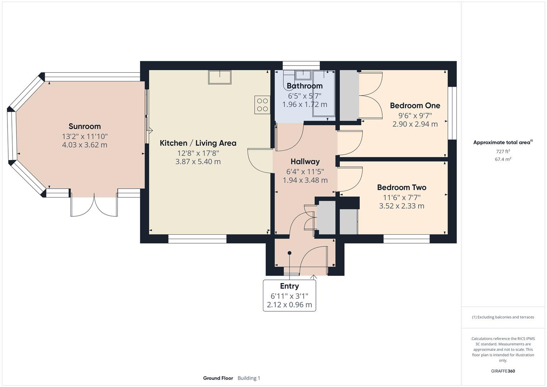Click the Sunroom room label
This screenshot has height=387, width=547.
pyautogui.click(x=85, y=126)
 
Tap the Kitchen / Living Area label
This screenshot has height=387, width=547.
pyautogui.click(x=198, y=143)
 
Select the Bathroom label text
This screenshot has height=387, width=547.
pyautogui.click(x=304, y=86)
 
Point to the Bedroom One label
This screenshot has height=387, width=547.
pyautogui.click(x=415, y=105)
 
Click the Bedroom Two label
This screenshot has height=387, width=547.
pyautogui.click(x=402, y=187)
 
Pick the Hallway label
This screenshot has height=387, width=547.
pyautogui.click(x=305, y=162)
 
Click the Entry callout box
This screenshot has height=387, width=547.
pyautogui.click(x=289, y=295)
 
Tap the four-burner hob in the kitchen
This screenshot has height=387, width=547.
pyautogui.click(x=263, y=105)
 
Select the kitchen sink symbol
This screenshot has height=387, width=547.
pyautogui.click(x=220, y=77)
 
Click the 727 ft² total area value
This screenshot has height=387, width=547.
pyautogui.click(x=503, y=152)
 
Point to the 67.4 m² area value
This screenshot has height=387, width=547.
pyautogui.click(x=503, y=159)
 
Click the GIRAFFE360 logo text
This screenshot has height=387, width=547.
pyautogui.click(x=503, y=371)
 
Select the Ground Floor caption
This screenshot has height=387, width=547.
pyautogui.click(x=218, y=378)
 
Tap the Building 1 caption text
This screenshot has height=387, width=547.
pyautogui.click(x=249, y=378)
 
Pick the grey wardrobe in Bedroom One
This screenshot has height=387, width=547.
pyautogui.click(x=349, y=95)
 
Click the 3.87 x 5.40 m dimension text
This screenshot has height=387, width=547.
pyautogui.click(x=198, y=162)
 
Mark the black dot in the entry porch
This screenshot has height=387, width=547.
pyautogui.click(x=289, y=253)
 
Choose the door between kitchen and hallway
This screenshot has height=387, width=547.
pyautogui.click(x=260, y=161)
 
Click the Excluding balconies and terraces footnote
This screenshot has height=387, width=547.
pyautogui.click(x=503, y=317)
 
